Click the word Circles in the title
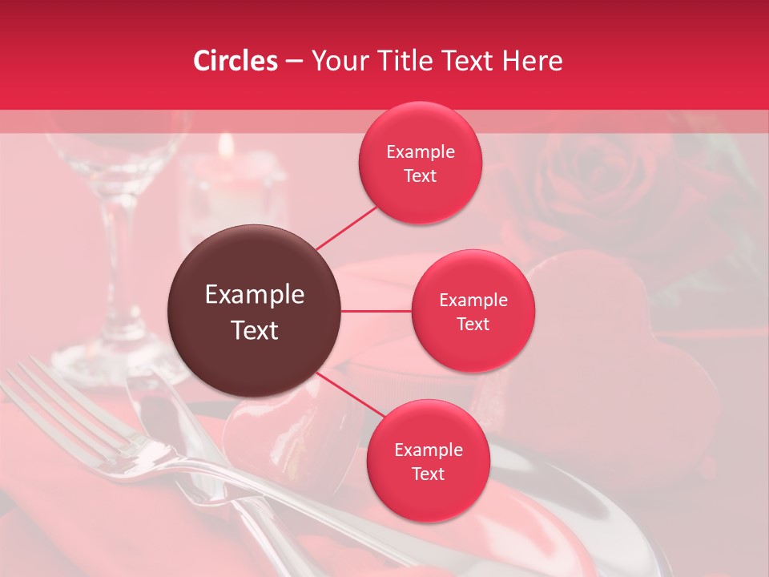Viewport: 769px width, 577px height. (236, 61)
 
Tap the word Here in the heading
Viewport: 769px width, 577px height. (532, 61)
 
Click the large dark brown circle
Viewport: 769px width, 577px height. (254, 311)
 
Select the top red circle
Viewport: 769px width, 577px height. (420, 163)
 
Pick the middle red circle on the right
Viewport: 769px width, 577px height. (473, 311)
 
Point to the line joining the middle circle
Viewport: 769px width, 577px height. (376, 311)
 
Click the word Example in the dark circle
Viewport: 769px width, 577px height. (255, 295)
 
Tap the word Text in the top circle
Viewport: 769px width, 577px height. (420, 176)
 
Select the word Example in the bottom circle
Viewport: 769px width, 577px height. (428, 450)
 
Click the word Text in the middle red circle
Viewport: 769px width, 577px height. (473, 324)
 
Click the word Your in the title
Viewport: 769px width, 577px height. (336, 61)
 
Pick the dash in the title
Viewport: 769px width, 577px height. (293, 61)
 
